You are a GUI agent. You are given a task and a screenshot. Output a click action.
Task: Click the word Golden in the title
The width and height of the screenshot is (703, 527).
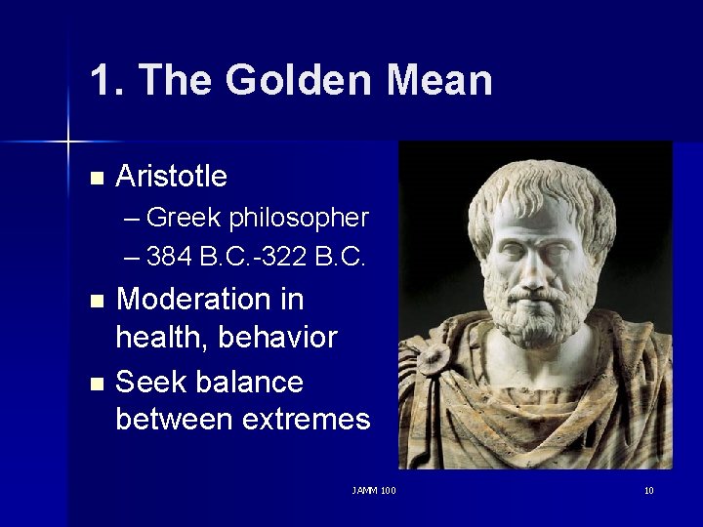click(299, 80)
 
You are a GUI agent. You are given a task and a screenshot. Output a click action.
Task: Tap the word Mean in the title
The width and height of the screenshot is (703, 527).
click(439, 80)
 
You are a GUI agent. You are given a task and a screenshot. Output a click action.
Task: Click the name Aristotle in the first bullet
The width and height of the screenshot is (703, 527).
click(171, 177)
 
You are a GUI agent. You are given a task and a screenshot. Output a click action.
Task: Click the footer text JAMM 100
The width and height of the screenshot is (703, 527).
click(373, 490)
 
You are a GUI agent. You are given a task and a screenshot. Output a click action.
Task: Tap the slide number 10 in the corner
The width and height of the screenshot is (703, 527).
click(648, 490)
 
